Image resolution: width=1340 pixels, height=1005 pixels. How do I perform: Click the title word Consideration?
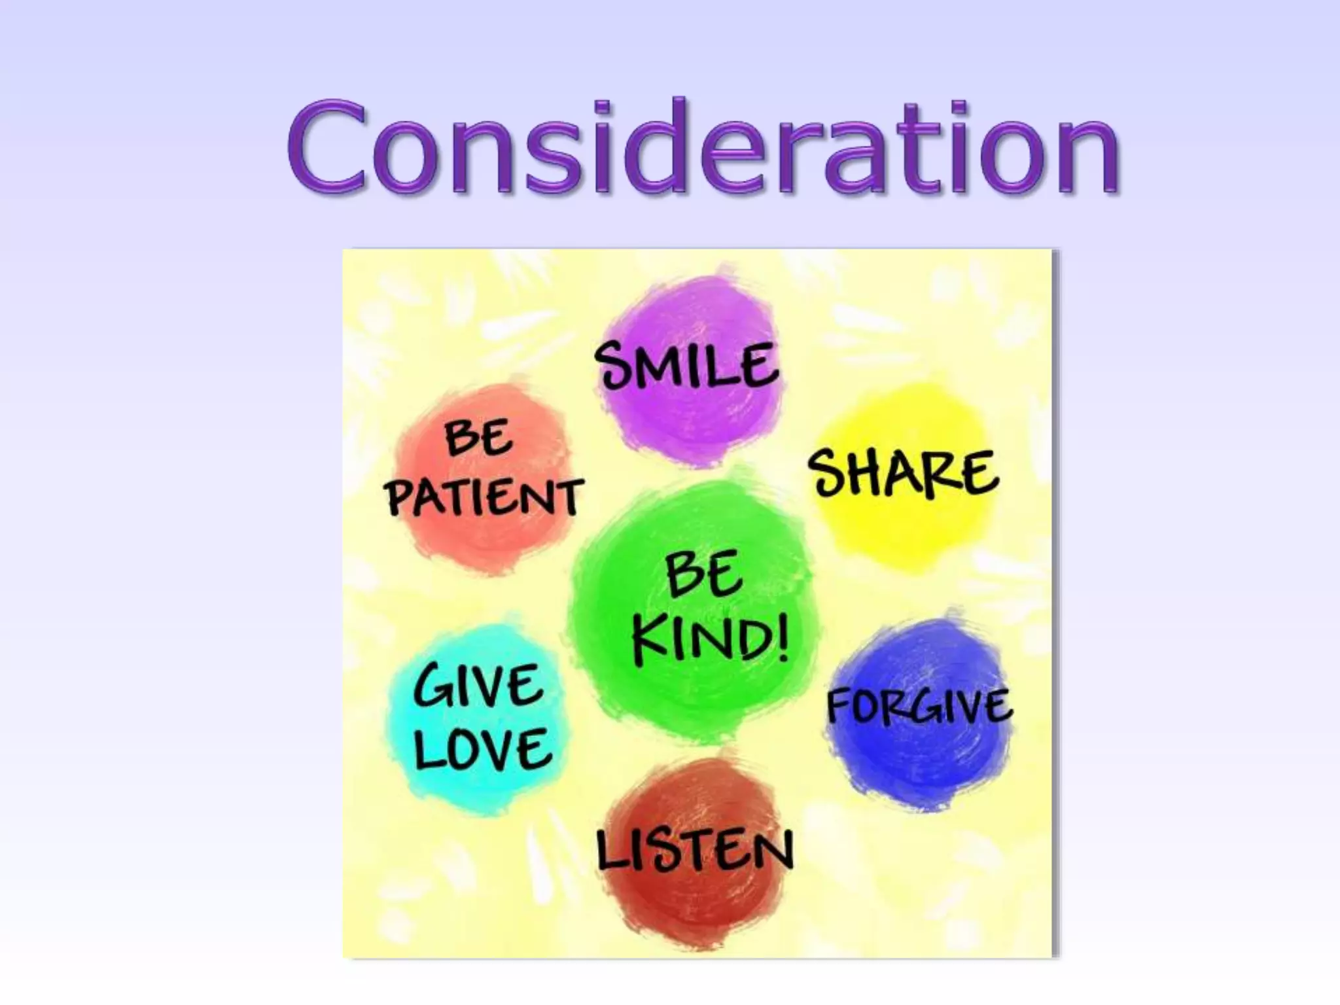[x=703, y=147]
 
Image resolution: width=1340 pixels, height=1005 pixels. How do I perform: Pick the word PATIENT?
[x=484, y=497]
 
